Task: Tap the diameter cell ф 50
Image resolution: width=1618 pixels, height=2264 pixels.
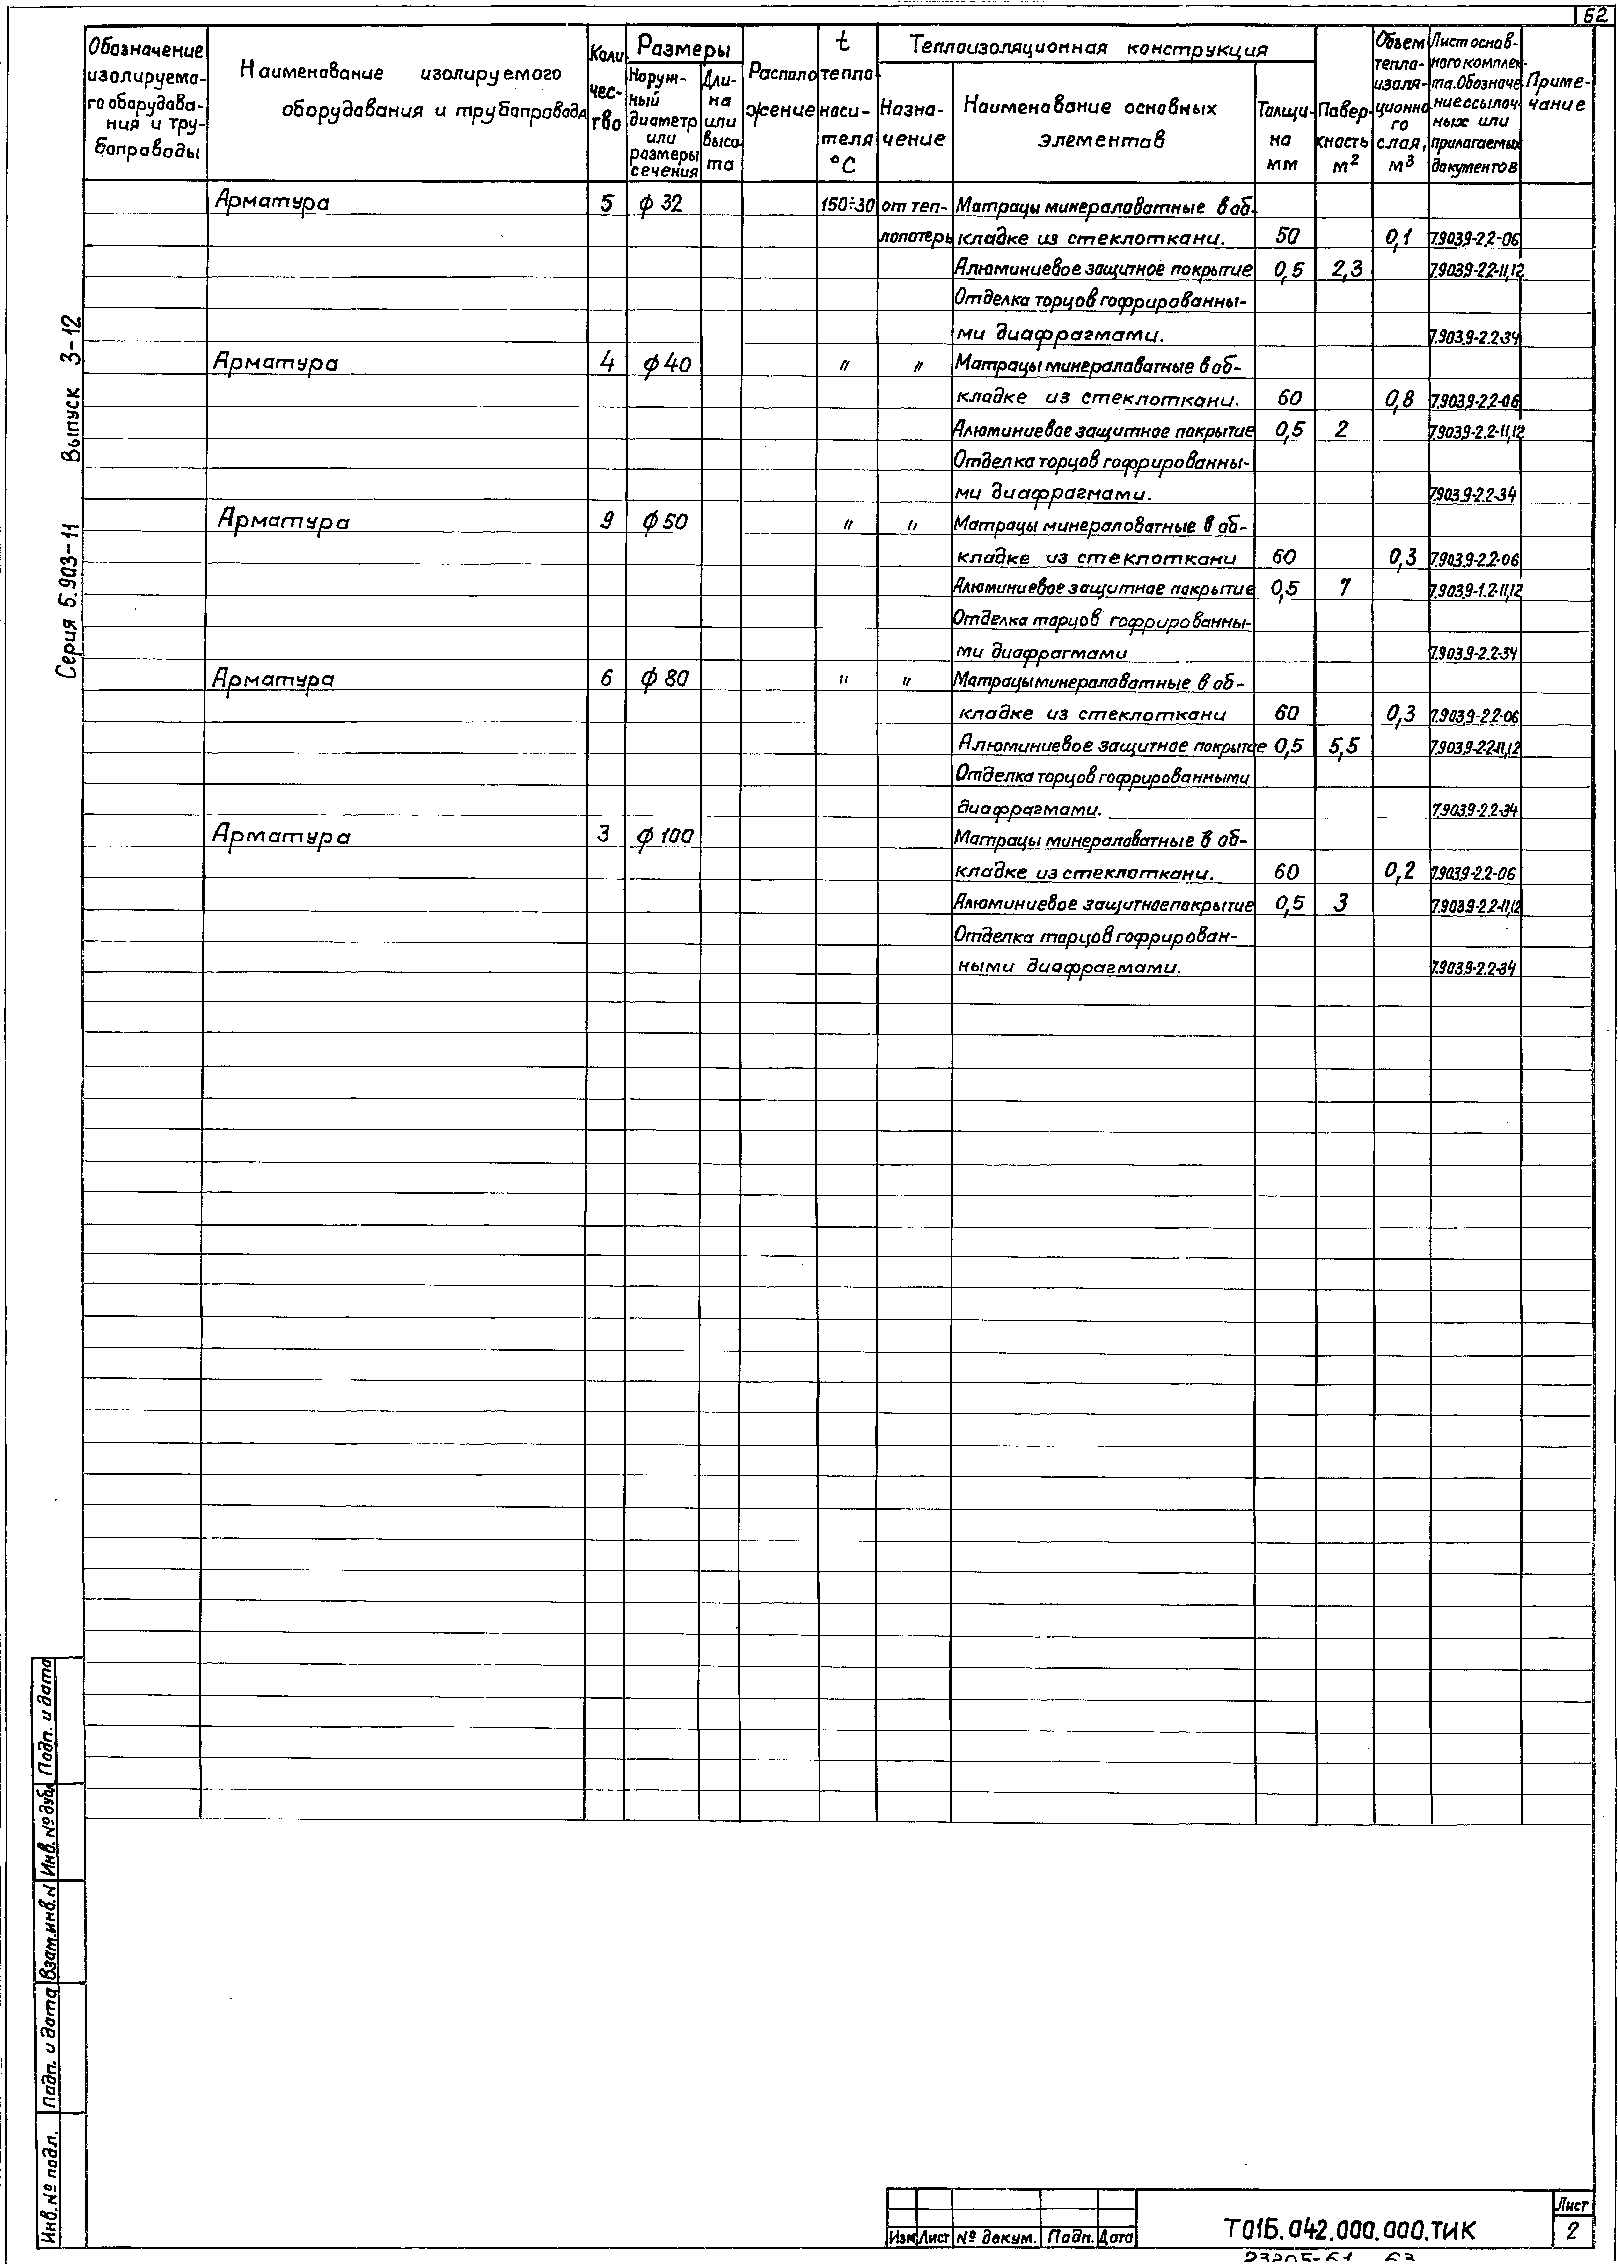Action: [664, 521]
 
